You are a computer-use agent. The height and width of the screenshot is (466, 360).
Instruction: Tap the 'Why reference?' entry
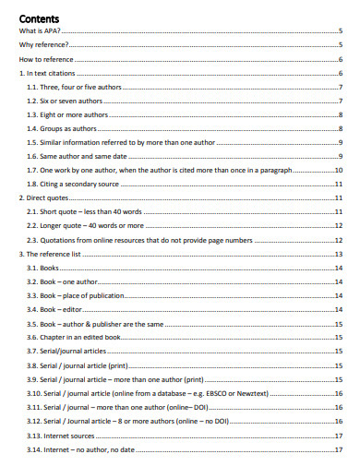43,44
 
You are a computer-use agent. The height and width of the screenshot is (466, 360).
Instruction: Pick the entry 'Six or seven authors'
66,101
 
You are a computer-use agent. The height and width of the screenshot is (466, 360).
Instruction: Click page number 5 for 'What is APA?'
341,30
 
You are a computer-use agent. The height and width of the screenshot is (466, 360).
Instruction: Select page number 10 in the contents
339,170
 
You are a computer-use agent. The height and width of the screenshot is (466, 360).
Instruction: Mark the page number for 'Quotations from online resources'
339,239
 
